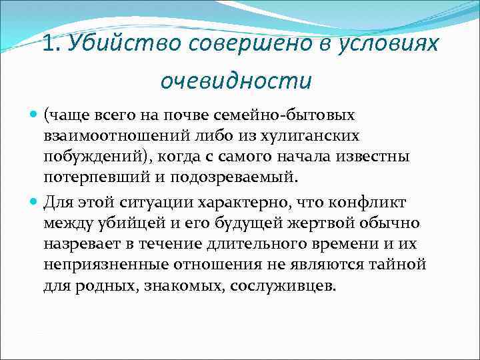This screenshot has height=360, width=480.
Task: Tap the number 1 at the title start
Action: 49,44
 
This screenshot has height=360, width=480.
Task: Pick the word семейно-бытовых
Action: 299,117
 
